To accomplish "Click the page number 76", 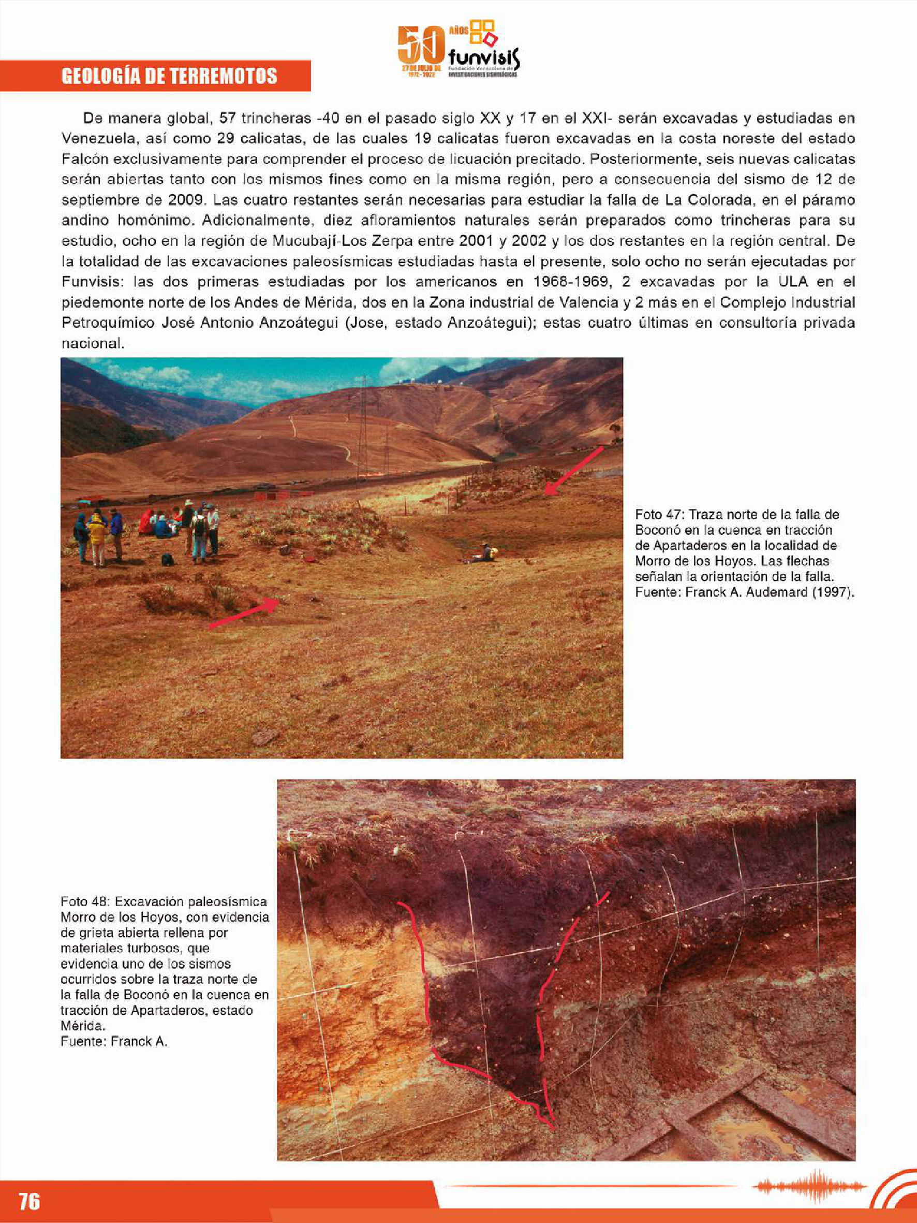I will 29,1200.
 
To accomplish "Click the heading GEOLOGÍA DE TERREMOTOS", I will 169,76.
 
